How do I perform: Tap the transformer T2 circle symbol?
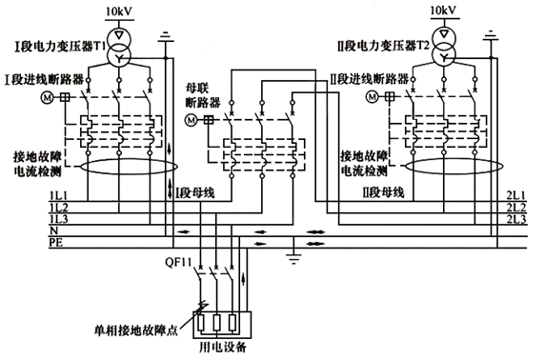(x=444, y=47)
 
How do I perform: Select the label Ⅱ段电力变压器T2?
(x=381, y=45)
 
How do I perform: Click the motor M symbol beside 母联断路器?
(x=190, y=120)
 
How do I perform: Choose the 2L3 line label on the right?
(x=517, y=219)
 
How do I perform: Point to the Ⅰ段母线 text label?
(x=193, y=192)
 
